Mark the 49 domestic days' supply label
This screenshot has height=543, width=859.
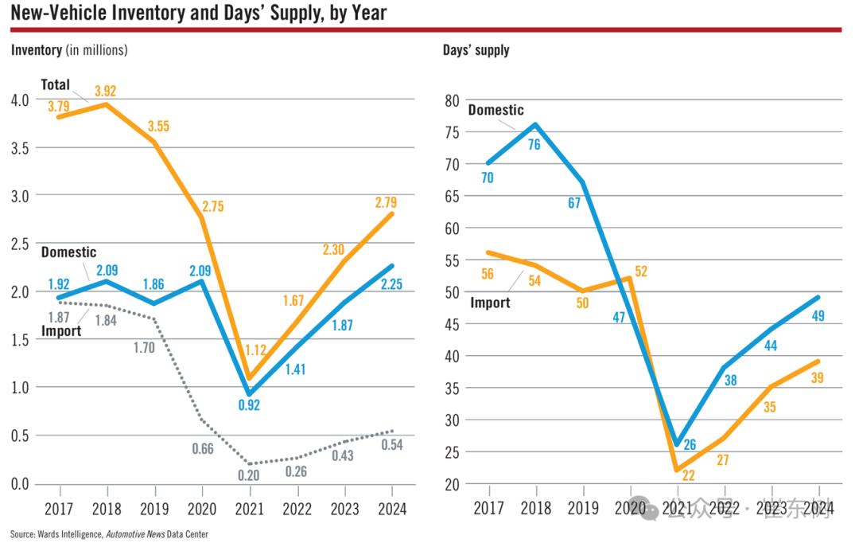click(818, 315)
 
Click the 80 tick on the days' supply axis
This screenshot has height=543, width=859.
click(453, 100)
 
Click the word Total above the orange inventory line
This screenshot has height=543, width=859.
click(56, 84)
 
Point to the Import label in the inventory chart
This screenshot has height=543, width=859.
click(61, 330)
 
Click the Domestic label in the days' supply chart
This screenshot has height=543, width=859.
click(496, 110)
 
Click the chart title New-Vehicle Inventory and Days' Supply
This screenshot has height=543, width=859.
click(199, 12)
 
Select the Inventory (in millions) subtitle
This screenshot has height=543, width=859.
click(69, 49)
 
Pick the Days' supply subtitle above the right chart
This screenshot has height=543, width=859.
click(476, 49)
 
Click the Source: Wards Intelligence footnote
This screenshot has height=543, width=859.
click(109, 533)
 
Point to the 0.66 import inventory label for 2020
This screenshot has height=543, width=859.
click(203, 448)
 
